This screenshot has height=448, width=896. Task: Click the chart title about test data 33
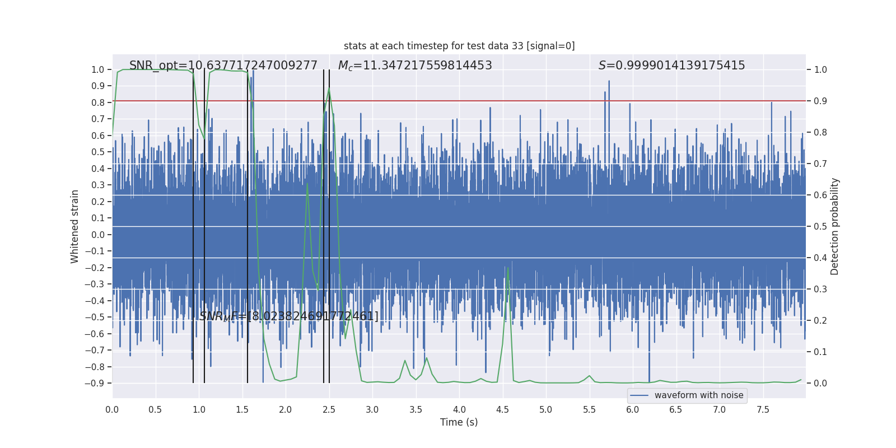[459, 46]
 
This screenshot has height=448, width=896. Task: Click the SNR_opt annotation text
[223, 66]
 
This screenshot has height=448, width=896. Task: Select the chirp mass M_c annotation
[415, 66]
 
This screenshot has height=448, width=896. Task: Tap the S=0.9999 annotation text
[671, 66]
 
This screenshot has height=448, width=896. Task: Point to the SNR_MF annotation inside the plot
[289, 316]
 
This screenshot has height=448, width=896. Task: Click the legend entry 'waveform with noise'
[698, 395]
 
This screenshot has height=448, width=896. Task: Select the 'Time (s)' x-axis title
[459, 422]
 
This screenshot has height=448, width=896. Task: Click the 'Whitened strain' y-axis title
[75, 226]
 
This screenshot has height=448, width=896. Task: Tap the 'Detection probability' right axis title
[835, 226]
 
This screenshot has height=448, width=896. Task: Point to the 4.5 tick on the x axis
[502, 409]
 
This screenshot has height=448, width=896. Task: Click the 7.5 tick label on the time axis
[763, 409]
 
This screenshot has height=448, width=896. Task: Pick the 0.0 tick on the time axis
[112, 409]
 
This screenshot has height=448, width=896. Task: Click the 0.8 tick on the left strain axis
[98, 102]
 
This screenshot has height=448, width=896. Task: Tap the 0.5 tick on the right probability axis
[820, 227]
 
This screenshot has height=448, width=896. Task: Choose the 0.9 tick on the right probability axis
[820, 101]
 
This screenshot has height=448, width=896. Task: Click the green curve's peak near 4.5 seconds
[508, 268]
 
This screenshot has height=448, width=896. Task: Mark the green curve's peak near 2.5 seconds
[329, 88]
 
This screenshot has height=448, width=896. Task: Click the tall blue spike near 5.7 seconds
[609, 82]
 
